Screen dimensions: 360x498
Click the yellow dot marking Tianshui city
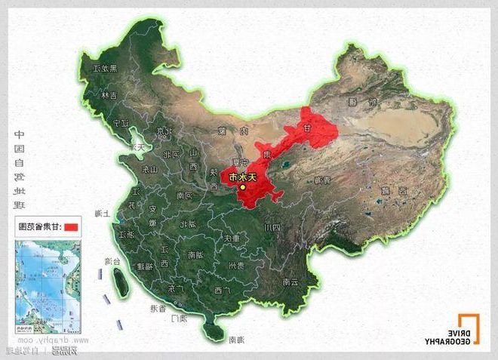(243, 187)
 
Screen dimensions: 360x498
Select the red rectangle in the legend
(70, 226)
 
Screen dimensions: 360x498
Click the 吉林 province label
(113, 95)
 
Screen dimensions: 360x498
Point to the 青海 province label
(322, 180)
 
